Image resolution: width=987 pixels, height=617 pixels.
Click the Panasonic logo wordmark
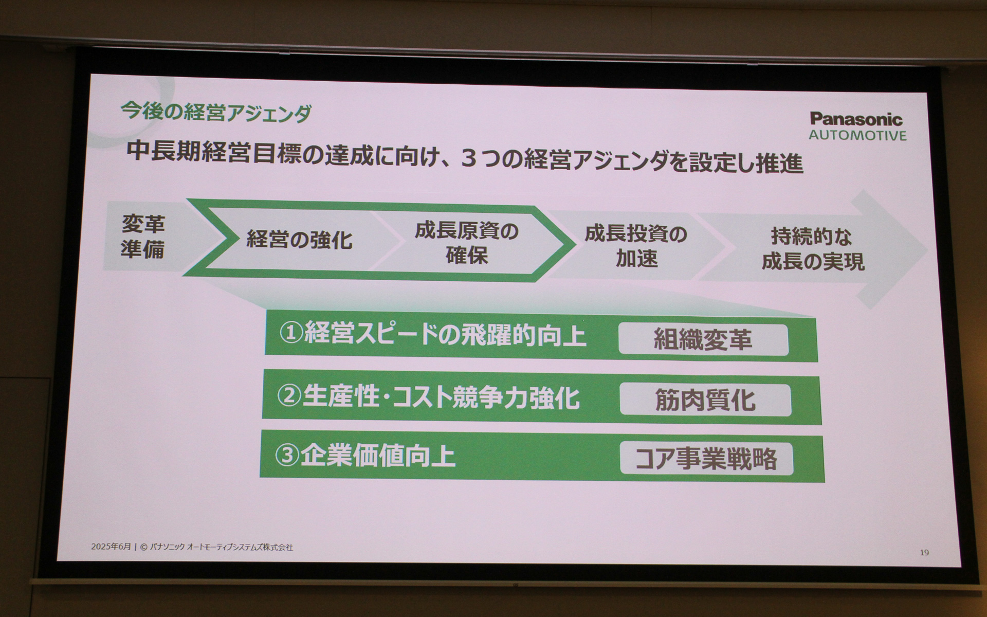pyautogui.click(x=856, y=119)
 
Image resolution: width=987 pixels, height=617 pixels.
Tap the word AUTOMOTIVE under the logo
pyautogui.click(x=857, y=136)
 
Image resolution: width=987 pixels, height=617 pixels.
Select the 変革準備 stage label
pyautogui.click(x=142, y=237)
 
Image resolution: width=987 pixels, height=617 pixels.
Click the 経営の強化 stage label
pyautogui.click(x=299, y=240)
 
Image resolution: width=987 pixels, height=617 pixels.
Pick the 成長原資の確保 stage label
pyautogui.click(x=466, y=243)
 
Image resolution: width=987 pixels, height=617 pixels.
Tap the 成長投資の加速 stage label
pyautogui.click(x=636, y=246)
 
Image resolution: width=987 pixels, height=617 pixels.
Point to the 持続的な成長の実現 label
pyautogui.click(x=812, y=249)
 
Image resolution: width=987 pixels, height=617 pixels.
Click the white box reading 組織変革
pyautogui.click(x=703, y=339)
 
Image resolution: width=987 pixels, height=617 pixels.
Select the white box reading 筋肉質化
pyautogui.click(x=705, y=400)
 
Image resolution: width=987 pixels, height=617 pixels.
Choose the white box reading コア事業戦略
pyautogui.click(x=706, y=459)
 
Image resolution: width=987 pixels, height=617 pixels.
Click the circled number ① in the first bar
pyautogui.click(x=291, y=334)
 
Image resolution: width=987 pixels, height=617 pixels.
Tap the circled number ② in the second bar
pyautogui.click(x=289, y=396)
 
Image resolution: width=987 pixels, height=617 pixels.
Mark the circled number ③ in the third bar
pyautogui.click(x=287, y=456)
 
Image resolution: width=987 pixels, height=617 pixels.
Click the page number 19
pyautogui.click(x=924, y=553)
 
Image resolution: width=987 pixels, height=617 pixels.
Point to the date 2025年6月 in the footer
pyautogui.click(x=111, y=547)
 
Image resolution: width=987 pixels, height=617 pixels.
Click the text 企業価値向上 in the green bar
pyautogui.click(x=378, y=456)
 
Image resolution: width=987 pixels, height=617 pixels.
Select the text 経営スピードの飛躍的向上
pyautogui.click(x=445, y=335)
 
